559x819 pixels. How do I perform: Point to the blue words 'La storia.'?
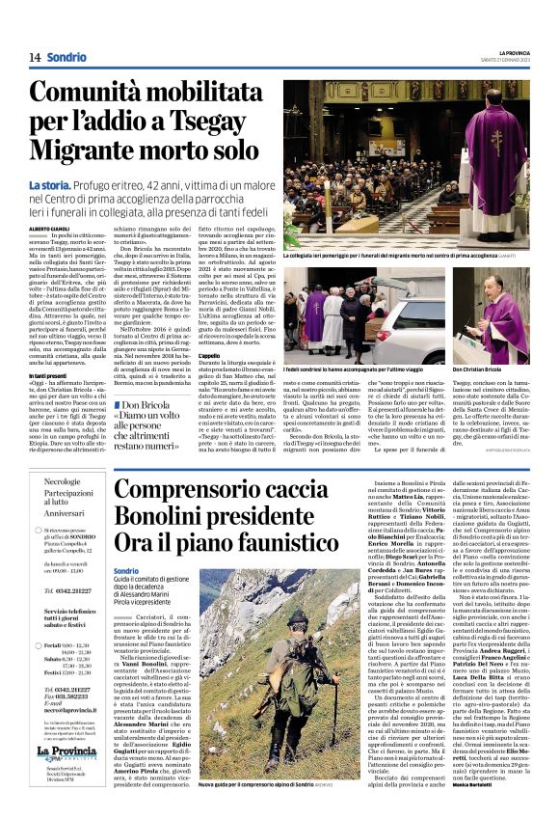click(49, 184)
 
